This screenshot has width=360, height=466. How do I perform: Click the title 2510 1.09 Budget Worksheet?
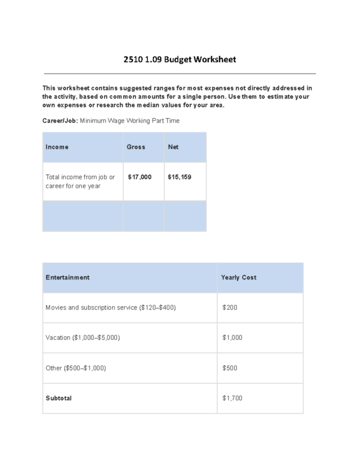(x=180, y=60)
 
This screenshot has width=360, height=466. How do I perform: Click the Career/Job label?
(x=60, y=121)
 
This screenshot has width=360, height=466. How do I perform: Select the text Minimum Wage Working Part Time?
(x=130, y=121)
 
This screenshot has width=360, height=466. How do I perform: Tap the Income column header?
(x=57, y=147)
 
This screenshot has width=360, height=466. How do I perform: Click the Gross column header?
(x=136, y=147)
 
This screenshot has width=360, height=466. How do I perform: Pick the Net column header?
(x=173, y=147)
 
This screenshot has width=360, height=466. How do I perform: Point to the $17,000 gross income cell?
(x=139, y=177)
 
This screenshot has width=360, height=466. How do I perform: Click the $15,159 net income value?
(x=180, y=177)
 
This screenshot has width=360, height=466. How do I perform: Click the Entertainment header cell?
(x=68, y=278)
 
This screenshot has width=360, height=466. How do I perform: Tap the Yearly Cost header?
(x=239, y=278)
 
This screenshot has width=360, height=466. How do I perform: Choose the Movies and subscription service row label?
(x=110, y=308)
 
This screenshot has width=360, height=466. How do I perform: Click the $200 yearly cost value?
(x=230, y=308)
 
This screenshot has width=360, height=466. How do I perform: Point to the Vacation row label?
(x=83, y=338)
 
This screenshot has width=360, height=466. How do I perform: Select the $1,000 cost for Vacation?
(x=232, y=338)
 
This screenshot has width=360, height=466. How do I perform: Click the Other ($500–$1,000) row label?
(x=76, y=368)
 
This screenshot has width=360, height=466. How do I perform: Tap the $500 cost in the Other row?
(x=230, y=368)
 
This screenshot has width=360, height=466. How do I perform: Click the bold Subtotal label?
(x=58, y=398)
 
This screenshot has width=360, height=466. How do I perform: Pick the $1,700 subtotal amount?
(x=232, y=398)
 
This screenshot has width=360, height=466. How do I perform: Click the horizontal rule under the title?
(x=180, y=73)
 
